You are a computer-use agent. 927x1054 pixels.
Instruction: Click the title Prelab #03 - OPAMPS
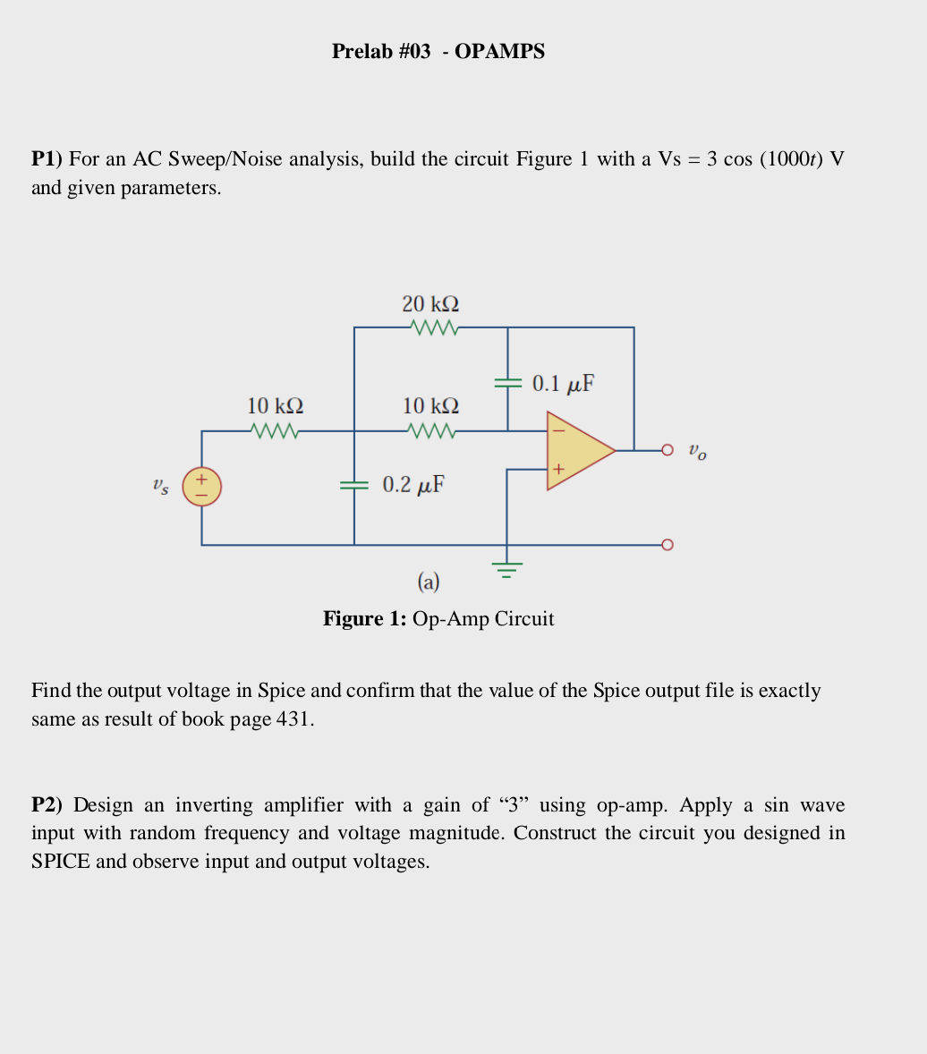[438, 52]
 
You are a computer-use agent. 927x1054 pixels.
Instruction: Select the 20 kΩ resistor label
[430, 304]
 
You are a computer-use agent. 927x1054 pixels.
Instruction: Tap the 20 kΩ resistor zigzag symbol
[433, 328]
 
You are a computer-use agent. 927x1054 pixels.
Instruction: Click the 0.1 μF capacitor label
[563, 384]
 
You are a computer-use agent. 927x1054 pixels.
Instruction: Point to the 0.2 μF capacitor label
[413, 485]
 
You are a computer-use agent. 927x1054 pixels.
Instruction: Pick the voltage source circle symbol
[202, 487]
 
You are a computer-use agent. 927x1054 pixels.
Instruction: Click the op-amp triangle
[577, 451]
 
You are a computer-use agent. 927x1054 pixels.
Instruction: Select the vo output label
[697, 451]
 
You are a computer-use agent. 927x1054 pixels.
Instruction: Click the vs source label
[159, 487]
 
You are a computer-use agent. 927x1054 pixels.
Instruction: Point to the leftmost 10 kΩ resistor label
[275, 406]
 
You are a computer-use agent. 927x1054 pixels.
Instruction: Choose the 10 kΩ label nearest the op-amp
[430, 406]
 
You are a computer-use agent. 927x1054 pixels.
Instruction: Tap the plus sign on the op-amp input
[558, 469]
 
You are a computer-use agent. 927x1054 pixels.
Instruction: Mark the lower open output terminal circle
[667, 545]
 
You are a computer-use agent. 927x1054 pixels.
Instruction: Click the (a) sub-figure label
[429, 582]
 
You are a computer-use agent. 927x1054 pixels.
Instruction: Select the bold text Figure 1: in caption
[365, 619]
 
